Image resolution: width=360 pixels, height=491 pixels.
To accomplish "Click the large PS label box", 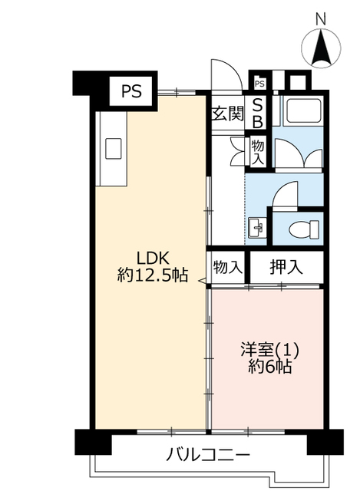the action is click(132, 91).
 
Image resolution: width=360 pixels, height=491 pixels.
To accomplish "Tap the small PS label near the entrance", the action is click(259, 84).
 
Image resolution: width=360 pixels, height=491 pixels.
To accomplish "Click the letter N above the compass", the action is click(320, 18).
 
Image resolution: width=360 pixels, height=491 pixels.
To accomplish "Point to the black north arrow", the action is click(320, 46).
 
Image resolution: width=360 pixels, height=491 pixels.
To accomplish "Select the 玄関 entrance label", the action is click(227, 114).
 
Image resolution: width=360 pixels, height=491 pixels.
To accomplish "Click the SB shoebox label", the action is click(258, 113).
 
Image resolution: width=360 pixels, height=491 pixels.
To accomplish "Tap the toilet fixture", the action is click(304, 229).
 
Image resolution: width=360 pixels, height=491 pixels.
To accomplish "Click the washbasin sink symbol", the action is click(256, 227).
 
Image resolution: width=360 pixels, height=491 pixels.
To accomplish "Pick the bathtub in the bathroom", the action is click(302, 110).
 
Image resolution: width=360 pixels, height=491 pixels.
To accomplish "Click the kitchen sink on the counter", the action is click(113, 148).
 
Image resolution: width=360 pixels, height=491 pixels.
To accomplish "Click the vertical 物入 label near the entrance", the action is click(258, 153).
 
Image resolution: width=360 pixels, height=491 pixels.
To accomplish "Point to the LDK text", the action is click(153, 258).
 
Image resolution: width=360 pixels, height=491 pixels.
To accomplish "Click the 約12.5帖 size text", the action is click(153, 275).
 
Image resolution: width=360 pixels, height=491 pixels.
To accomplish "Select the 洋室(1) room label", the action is click(269, 350).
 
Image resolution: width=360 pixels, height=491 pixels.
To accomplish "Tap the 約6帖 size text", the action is click(270, 367).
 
